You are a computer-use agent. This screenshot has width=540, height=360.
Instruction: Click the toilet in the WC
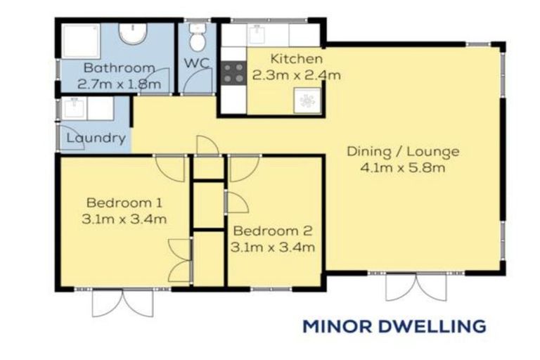pos(198,39)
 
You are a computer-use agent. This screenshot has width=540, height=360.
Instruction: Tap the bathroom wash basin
pos(131,33)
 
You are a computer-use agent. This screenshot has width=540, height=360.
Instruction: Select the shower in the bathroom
pos(80,41)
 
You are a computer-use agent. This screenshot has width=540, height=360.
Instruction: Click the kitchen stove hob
pos(234,72)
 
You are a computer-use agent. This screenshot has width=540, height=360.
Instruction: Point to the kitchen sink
pos(307,101)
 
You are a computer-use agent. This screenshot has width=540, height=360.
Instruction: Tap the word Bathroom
pos(119,68)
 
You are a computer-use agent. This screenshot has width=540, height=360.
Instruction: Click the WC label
pos(194,63)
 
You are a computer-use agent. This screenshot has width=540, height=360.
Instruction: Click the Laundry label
pos(96,138)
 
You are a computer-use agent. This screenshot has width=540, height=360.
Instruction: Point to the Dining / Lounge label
pos(403,151)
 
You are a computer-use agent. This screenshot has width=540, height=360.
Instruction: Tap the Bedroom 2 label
pos(273,231)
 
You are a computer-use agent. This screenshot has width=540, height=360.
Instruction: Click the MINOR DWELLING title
pos(394,326)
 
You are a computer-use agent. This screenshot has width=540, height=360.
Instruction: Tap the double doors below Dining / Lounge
pos(416,287)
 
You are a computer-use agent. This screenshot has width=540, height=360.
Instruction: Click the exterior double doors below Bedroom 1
pos(122,302)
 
